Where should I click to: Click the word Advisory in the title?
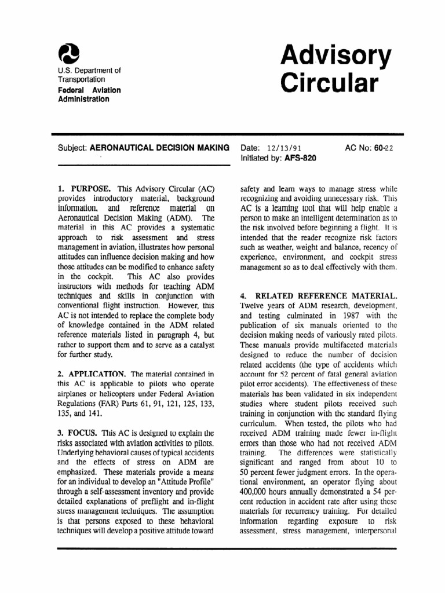click(x=336, y=56)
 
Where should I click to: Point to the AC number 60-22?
click(x=382, y=148)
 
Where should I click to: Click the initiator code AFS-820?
click(x=301, y=158)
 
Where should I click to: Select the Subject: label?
click(x=72, y=148)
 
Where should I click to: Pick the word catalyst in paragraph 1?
click(x=199, y=345)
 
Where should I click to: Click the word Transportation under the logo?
click(x=81, y=79)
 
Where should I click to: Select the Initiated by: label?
click(x=261, y=158)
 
